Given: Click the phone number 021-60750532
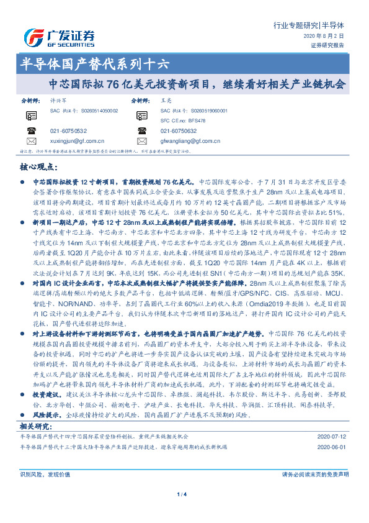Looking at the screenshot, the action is [x=69, y=130].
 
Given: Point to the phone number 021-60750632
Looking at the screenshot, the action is [x=179, y=130].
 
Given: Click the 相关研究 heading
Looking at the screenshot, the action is [x=35, y=426].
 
